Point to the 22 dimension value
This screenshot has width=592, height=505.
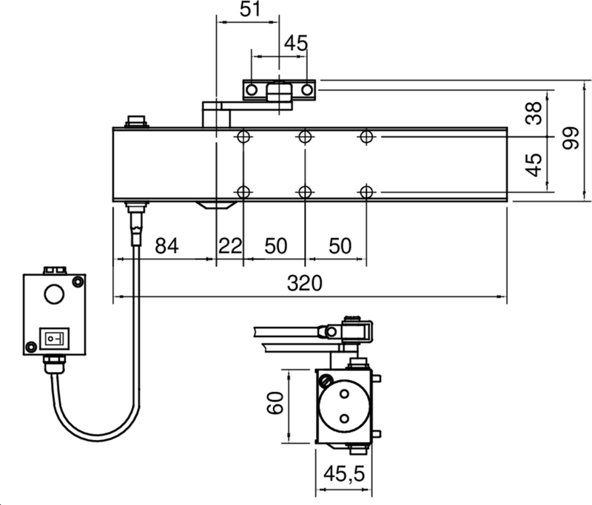point(230,246)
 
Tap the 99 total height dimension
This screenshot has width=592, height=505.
point(571,137)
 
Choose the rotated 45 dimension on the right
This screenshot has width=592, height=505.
point(534,164)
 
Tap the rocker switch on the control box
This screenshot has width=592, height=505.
point(54,339)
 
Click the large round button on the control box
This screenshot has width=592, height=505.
point(54,294)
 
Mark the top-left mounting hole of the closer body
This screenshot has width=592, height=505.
point(243,137)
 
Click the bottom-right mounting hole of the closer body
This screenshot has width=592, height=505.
point(365,192)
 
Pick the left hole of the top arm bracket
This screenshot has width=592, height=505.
point(252,89)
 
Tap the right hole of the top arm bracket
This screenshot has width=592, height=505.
point(306,89)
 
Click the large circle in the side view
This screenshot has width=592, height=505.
point(344,408)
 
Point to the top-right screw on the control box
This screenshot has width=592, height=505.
point(76,282)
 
